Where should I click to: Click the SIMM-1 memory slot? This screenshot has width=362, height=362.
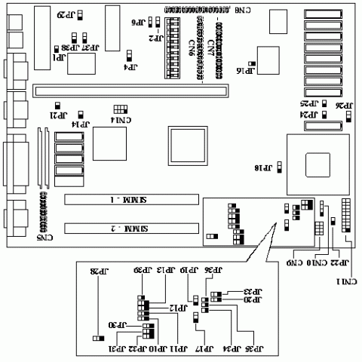[x=121, y=200]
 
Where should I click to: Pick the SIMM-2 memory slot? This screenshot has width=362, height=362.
[x=121, y=228]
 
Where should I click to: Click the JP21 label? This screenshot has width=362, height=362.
[x=58, y=116]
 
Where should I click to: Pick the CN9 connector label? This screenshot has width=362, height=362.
[x=293, y=263]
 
